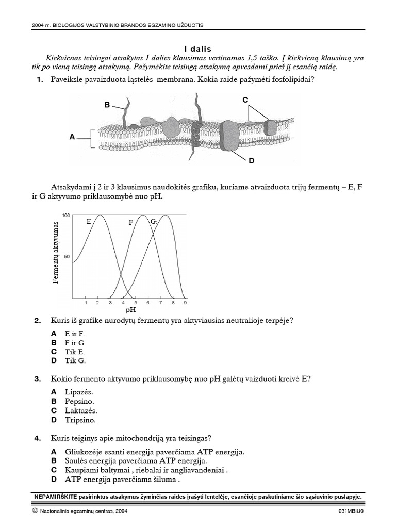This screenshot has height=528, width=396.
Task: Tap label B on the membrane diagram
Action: [107, 105]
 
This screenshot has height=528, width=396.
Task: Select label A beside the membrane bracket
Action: [72, 138]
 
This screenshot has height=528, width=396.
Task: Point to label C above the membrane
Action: [245, 100]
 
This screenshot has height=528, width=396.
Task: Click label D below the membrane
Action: [252, 161]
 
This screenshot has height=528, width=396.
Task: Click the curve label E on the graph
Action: [89, 221]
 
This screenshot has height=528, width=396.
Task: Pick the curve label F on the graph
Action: [131, 222]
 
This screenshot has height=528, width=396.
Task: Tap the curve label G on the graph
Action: [153, 221]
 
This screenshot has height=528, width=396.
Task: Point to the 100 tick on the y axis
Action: [66, 214]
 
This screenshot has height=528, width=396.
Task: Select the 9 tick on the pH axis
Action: [185, 303]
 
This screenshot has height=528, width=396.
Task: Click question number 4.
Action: [37, 438]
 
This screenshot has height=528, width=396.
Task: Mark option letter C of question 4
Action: [54, 470]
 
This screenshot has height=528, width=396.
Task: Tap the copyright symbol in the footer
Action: [35, 511]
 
